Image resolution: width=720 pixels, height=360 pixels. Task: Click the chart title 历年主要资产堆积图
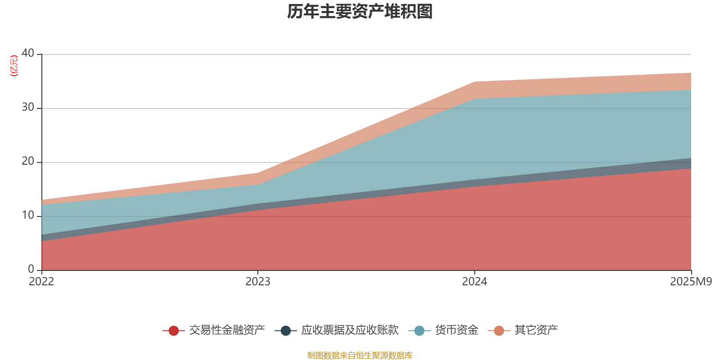tap(360, 12)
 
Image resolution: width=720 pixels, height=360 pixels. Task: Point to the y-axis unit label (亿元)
tap(14, 66)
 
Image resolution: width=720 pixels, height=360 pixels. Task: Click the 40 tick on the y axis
tap(28, 53)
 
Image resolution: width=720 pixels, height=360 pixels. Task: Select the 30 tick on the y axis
tap(28, 107)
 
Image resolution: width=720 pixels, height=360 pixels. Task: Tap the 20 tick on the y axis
tap(28, 161)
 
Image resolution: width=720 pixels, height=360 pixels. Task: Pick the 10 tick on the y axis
tap(28, 215)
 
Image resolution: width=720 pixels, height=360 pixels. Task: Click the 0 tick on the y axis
tap(31, 269)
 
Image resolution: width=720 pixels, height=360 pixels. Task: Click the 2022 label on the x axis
tap(41, 282)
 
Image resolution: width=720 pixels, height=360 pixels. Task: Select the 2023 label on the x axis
tap(258, 282)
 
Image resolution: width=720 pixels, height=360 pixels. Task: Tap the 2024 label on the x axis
tap(474, 282)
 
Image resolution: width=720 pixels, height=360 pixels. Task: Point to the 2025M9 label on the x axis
tap(691, 282)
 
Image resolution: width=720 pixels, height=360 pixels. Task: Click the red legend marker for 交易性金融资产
tap(174, 331)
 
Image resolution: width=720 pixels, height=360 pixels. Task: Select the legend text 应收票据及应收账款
tap(350, 330)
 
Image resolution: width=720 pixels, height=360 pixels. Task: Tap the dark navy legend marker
tap(285, 331)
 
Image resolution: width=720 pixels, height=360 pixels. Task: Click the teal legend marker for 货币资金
tap(419, 331)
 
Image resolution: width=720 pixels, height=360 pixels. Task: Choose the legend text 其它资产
tap(536, 330)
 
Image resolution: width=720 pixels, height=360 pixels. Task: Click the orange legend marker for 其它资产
tap(499, 331)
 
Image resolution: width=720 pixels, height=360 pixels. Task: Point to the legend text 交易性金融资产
tap(227, 330)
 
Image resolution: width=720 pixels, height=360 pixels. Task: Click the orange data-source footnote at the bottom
tap(360, 355)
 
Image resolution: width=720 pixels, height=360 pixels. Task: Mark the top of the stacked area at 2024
tap(474, 81)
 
